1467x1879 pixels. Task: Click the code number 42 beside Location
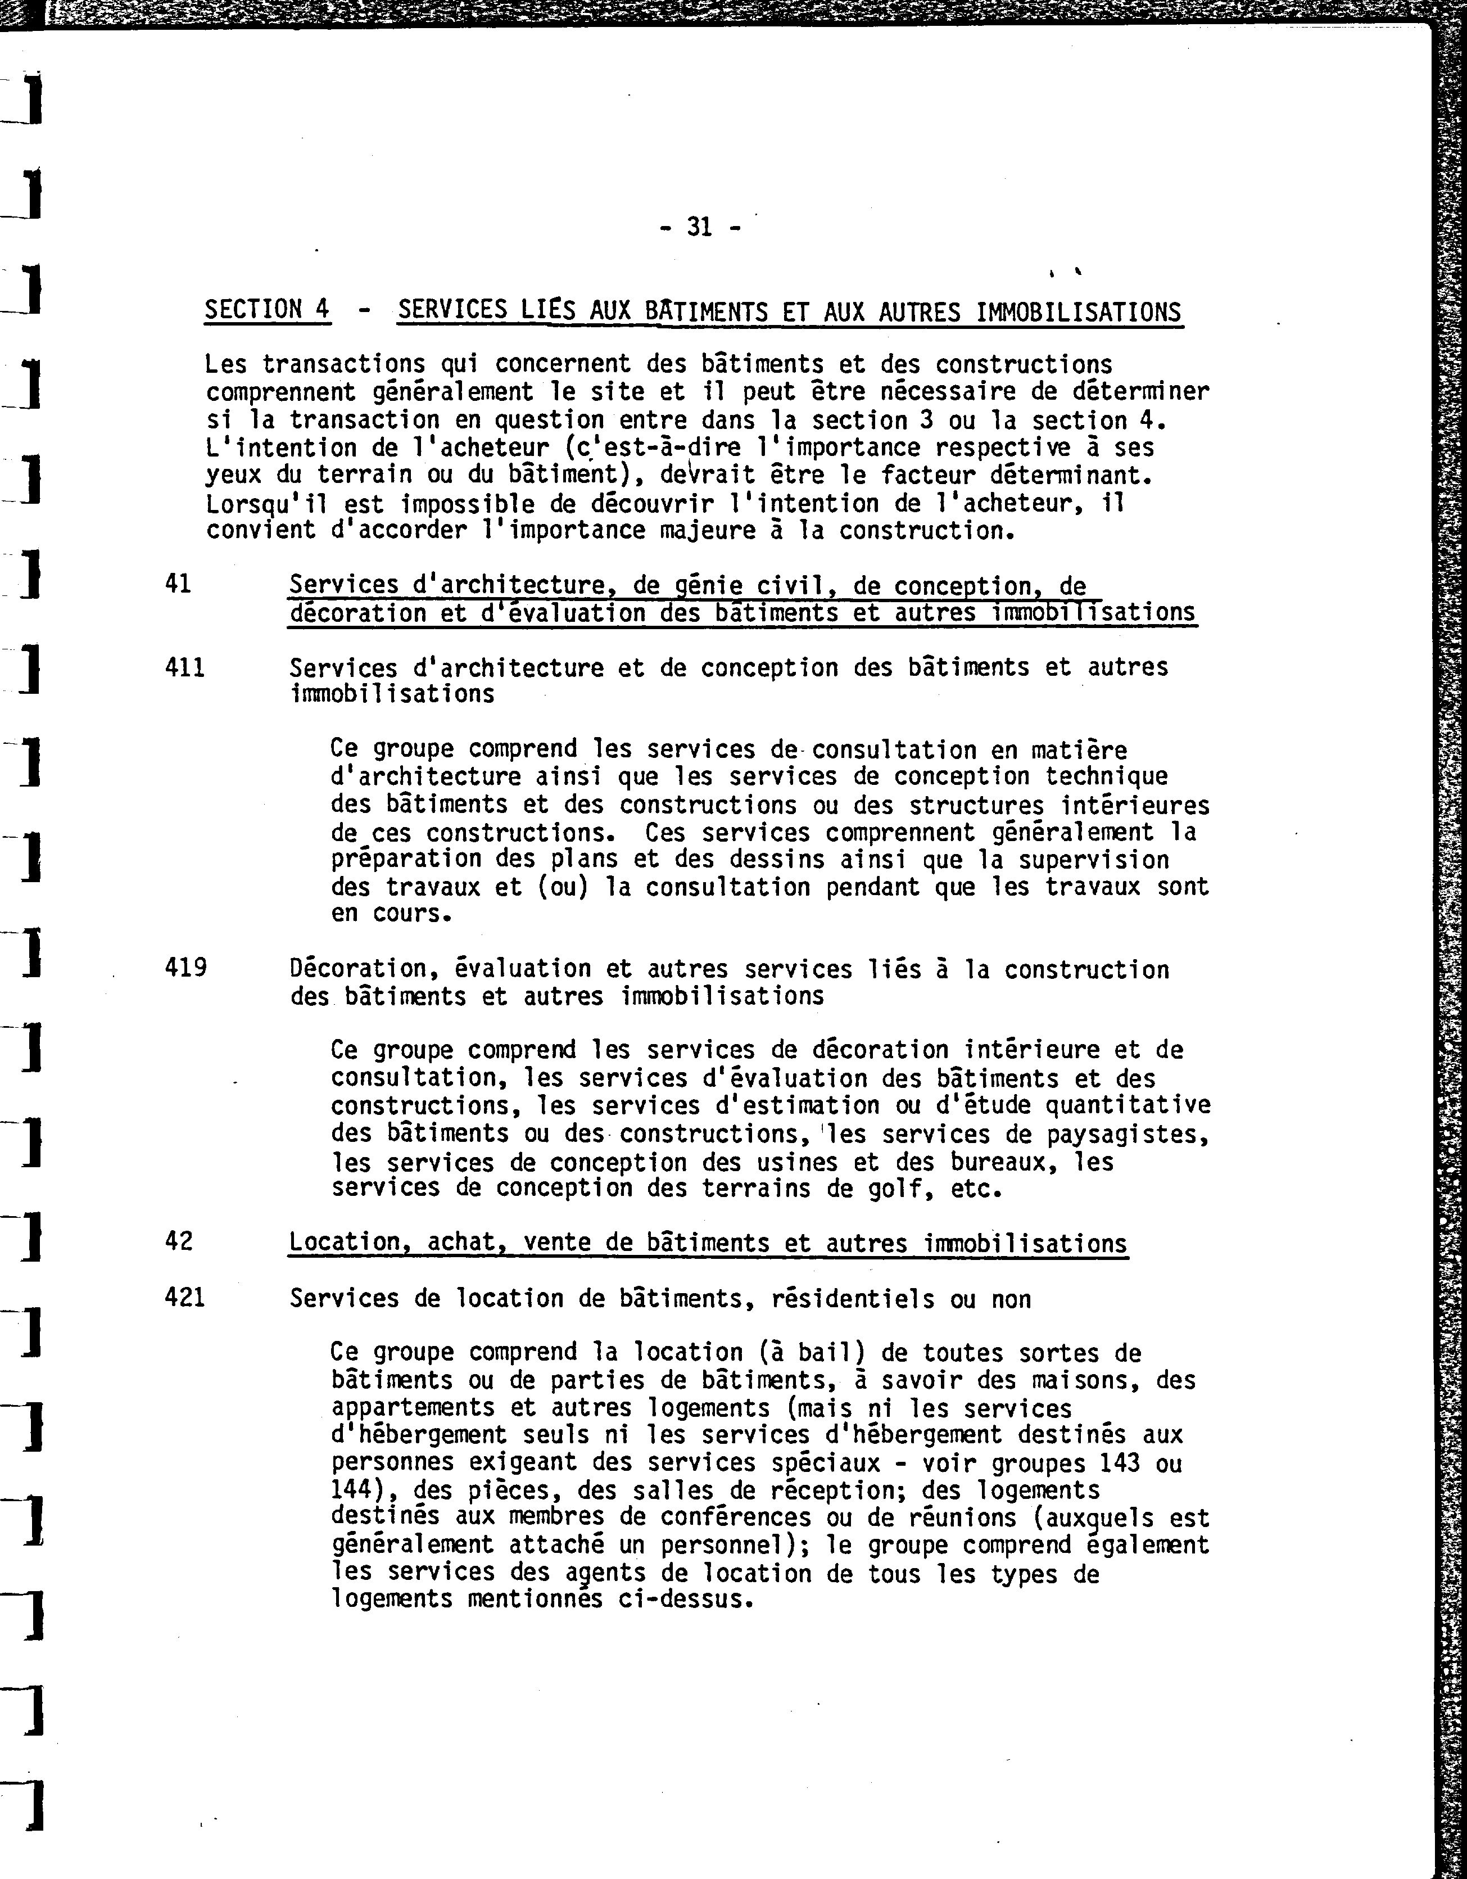point(178,1241)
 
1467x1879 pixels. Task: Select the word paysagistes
point(1126,1135)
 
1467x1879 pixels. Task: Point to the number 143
point(1120,1462)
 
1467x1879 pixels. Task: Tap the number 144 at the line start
point(352,1489)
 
